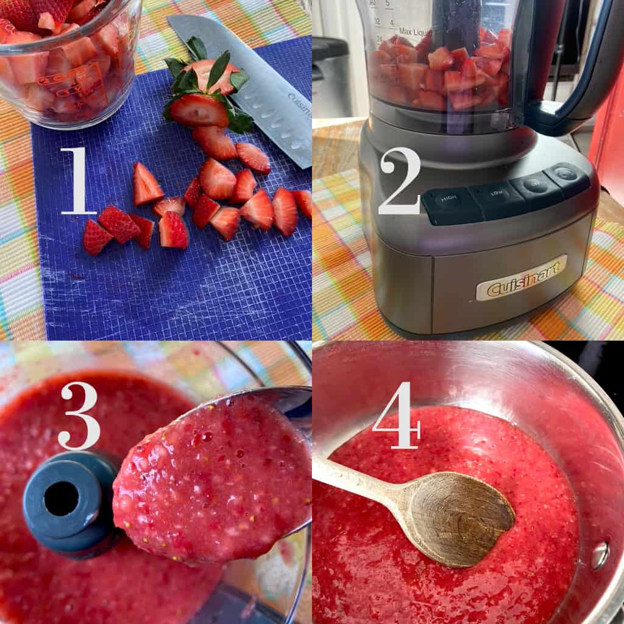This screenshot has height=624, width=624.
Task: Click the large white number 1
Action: click(x=79, y=182)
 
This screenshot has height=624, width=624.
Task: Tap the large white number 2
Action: click(x=399, y=182)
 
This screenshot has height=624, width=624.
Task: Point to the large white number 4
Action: click(x=397, y=416)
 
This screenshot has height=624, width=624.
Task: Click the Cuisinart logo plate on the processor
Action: click(x=521, y=278)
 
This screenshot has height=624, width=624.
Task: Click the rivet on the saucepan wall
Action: click(x=600, y=554)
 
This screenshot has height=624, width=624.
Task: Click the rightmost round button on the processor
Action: click(x=565, y=174)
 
